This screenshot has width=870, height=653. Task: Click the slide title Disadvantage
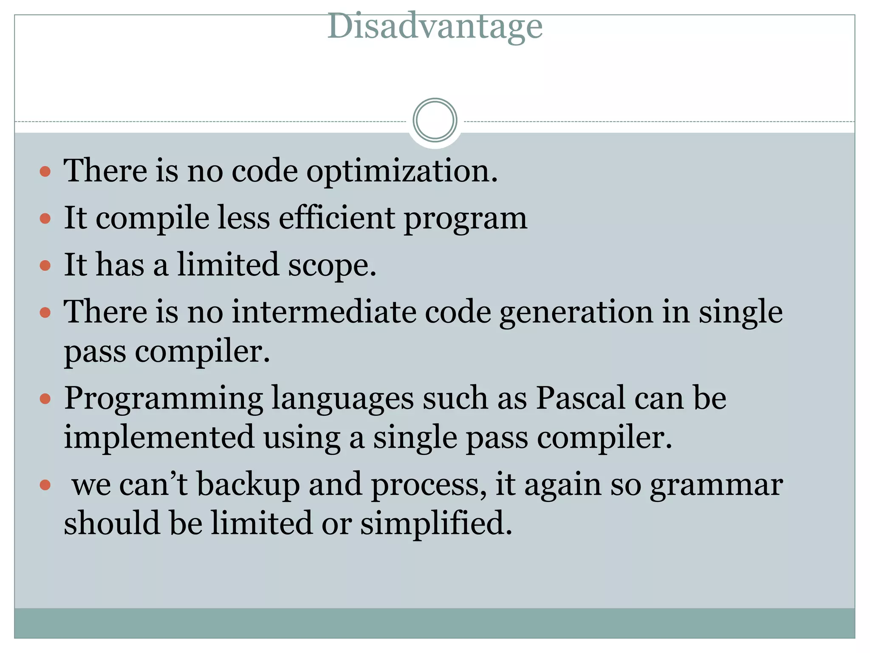click(x=435, y=26)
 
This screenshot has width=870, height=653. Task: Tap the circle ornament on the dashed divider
click(x=435, y=120)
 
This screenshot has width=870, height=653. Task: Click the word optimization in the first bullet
click(x=402, y=171)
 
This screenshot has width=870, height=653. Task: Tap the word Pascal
click(x=580, y=398)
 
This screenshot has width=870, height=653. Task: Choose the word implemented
click(x=159, y=438)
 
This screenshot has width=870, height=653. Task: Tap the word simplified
click(x=436, y=523)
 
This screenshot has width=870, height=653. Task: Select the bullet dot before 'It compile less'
click(x=45, y=219)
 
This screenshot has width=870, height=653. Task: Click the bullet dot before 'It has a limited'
click(x=45, y=266)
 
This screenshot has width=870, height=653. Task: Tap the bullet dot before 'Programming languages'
click(x=45, y=400)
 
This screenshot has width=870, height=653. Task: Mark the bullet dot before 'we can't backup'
click(x=45, y=485)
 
